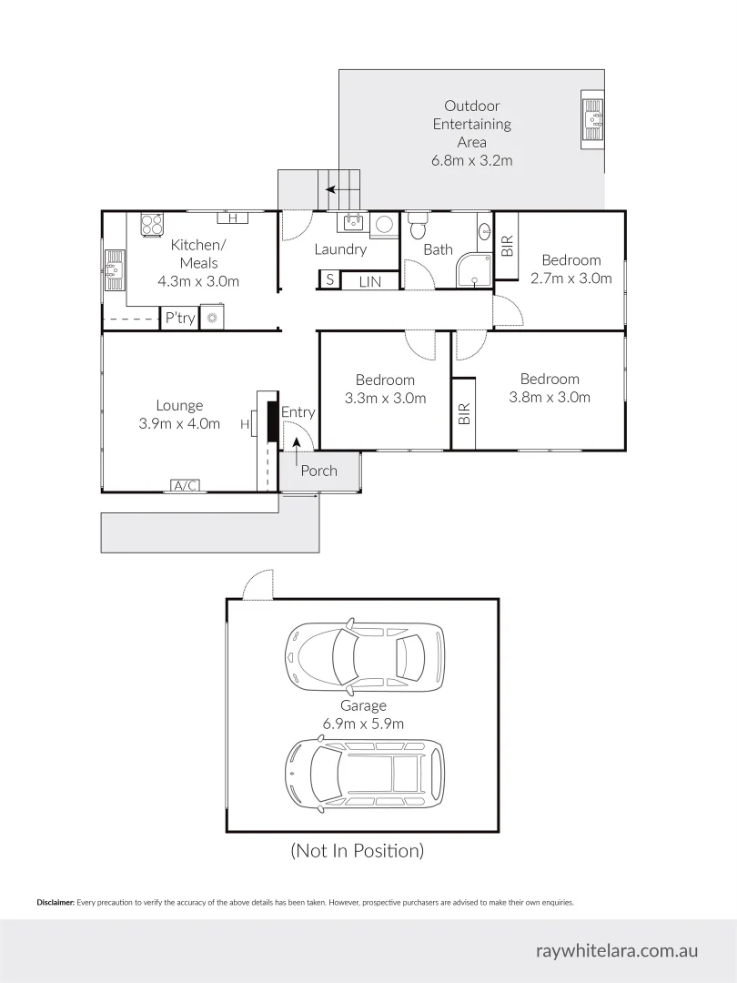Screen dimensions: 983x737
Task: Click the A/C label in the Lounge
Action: click(186, 486)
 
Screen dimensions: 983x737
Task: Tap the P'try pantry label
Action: click(179, 318)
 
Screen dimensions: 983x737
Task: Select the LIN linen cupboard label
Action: click(369, 282)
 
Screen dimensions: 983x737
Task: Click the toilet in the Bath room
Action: click(418, 224)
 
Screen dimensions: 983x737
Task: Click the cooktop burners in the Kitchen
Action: click(151, 224)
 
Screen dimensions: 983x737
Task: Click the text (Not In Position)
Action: click(357, 851)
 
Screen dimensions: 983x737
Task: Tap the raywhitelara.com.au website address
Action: click(618, 950)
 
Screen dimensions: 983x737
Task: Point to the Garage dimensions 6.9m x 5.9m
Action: click(363, 724)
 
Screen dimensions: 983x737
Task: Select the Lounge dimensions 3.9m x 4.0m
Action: click(179, 423)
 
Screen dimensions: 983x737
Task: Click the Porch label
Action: click(318, 471)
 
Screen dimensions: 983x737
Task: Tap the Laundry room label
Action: click(340, 249)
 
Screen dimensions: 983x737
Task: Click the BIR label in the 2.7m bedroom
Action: click(507, 246)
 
